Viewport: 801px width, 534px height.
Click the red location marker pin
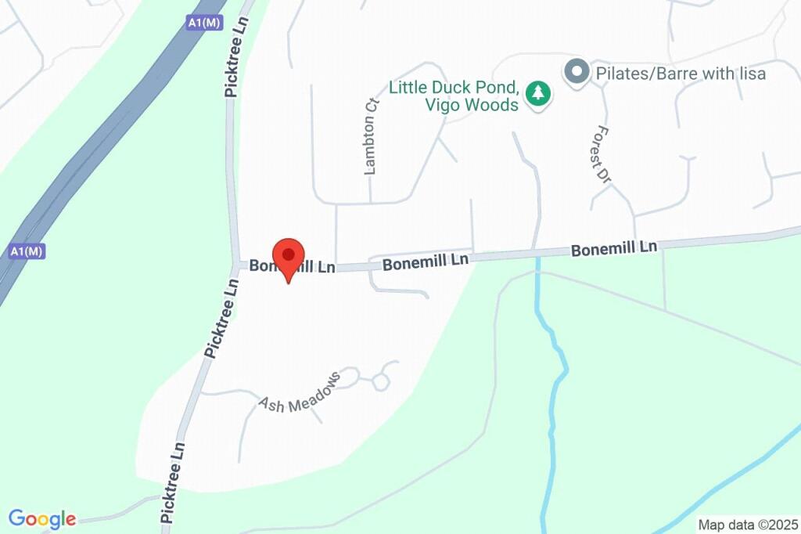pyautogui.click(x=288, y=258)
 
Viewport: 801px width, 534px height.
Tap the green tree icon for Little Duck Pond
pyautogui.click(x=537, y=94)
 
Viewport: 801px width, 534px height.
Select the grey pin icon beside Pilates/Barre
pyautogui.click(x=577, y=73)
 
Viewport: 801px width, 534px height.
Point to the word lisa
pyautogui.click(x=749, y=74)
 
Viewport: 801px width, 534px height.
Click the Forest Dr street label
pyautogui.click(x=601, y=155)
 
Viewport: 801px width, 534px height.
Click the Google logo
pyautogui.click(x=42, y=518)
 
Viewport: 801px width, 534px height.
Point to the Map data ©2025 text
pyautogui.click(x=747, y=525)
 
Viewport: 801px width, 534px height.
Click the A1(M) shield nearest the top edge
pyautogui.click(x=204, y=23)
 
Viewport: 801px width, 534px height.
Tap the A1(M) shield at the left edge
pyautogui.click(x=26, y=251)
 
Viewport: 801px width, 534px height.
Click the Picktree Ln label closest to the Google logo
pyautogui.click(x=173, y=482)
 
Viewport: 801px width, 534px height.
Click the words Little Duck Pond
pyautogui.click(x=454, y=87)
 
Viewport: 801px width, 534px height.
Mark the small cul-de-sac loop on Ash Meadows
pyautogui.click(x=381, y=381)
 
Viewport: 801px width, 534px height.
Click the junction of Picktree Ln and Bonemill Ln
pyautogui.click(x=237, y=264)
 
